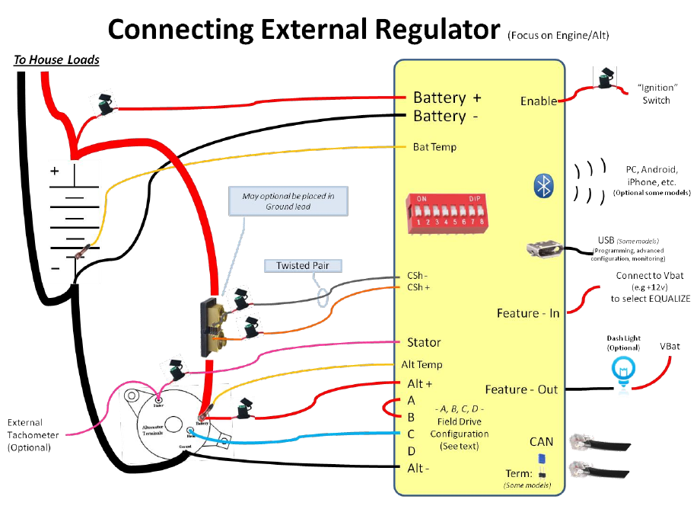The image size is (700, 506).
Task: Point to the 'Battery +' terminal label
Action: click(447, 98)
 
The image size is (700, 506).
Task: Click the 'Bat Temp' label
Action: click(434, 146)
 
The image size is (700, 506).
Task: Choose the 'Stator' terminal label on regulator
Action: click(424, 343)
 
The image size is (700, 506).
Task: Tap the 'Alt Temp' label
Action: click(422, 364)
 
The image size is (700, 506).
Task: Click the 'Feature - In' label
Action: click(527, 313)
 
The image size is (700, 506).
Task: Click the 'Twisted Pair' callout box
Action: click(303, 266)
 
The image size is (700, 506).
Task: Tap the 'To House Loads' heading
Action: click(57, 59)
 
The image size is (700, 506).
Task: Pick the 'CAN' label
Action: click(541, 442)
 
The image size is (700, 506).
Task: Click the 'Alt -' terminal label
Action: click(415, 468)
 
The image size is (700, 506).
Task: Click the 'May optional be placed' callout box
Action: click(288, 201)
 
